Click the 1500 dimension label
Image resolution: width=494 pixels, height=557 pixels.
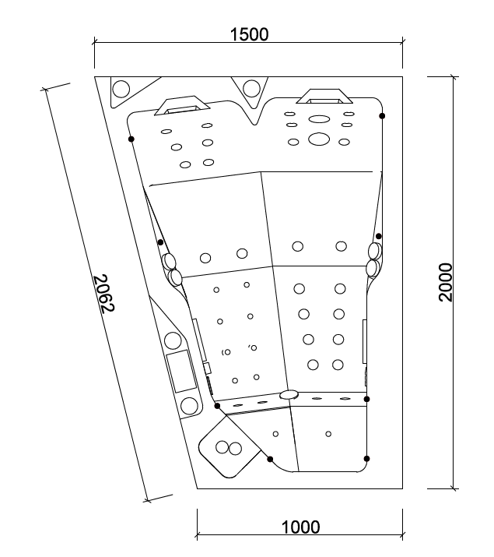coord(249,34)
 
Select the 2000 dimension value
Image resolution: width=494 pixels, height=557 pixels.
coord(446,283)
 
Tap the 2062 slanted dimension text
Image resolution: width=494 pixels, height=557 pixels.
coord(104,294)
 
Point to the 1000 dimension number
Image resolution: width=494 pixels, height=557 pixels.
coord(300,527)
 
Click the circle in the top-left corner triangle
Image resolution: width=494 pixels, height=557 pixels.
coord(121,89)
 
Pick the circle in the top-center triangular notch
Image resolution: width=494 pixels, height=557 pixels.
coord(251,89)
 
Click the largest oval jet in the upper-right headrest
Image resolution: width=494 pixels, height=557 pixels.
coord(319,139)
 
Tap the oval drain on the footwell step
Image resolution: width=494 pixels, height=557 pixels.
coord(289,394)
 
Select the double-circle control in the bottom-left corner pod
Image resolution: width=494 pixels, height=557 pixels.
coord(229,448)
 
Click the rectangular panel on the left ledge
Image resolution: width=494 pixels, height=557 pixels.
coord(181,372)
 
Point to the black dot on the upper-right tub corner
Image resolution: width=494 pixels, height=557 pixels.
coord(382,116)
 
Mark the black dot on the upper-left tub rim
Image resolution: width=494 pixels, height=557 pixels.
coord(131,139)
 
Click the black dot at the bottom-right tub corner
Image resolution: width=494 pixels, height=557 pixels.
coord(366,459)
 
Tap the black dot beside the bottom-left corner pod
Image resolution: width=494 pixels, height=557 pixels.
coord(270,459)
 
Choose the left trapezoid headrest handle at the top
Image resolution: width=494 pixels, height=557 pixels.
coord(182,105)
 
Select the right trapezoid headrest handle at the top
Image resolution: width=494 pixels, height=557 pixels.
coord(324,97)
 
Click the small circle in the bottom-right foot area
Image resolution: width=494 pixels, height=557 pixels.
coord(328,434)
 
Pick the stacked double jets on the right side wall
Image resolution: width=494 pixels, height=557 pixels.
coord(374,259)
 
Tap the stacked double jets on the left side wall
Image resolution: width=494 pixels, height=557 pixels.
coord(172,270)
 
